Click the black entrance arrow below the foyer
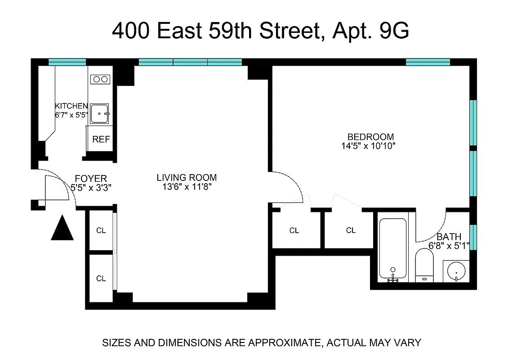[x=62, y=229]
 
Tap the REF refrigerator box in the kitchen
[x=101, y=139]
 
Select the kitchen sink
[x=99, y=113]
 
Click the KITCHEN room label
[x=71, y=106]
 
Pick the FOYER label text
[x=91, y=179]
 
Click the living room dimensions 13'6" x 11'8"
[x=187, y=187]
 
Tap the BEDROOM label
[x=370, y=137]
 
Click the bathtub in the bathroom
[x=392, y=249]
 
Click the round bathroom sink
[x=456, y=272]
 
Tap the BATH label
[x=449, y=237]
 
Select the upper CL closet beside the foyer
[x=101, y=230]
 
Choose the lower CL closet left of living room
[x=101, y=279]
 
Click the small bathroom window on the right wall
[x=473, y=237]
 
